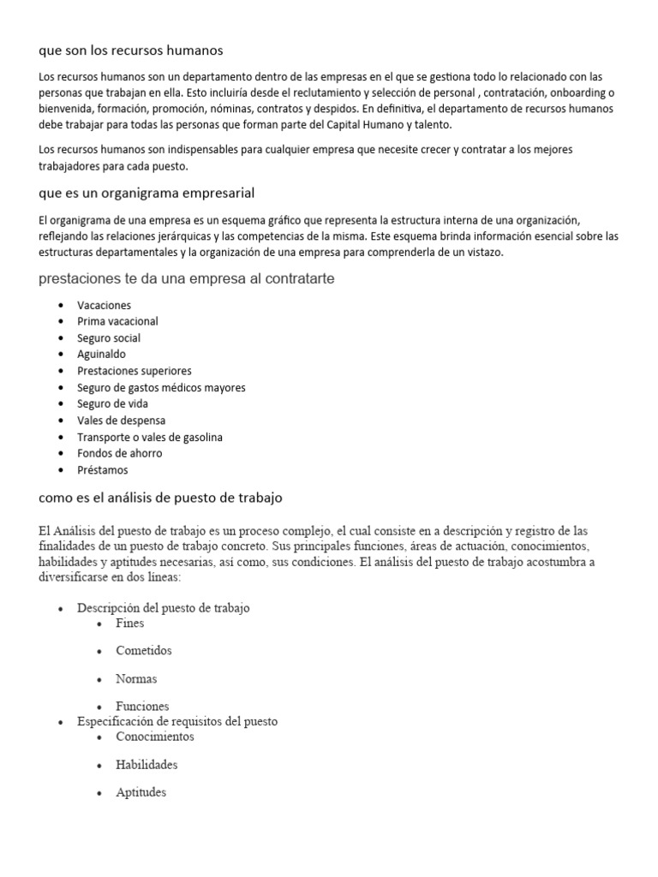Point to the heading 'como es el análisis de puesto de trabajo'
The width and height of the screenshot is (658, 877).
(x=161, y=497)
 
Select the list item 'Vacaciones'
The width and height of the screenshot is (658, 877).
(x=104, y=305)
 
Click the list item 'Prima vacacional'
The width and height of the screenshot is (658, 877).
(x=117, y=321)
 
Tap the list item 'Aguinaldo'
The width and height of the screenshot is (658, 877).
(x=101, y=354)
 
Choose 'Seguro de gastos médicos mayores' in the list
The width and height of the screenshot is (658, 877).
(x=161, y=387)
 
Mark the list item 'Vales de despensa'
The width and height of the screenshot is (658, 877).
(x=121, y=421)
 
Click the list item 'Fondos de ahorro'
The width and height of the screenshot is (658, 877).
(x=119, y=453)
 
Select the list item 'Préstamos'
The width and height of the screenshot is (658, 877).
(x=102, y=470)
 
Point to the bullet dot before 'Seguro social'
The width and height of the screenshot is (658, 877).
(x=61, y=338)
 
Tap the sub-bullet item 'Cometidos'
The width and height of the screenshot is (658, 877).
(x=143, y=650)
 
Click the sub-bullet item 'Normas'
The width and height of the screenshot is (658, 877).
(x=136, y=678)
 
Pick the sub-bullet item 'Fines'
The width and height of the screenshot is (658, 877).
(x=130, y=623)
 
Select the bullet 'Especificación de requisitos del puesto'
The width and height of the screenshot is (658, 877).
(x=177, y=721)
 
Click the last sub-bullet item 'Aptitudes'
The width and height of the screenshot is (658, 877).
(x=141, y=792)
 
